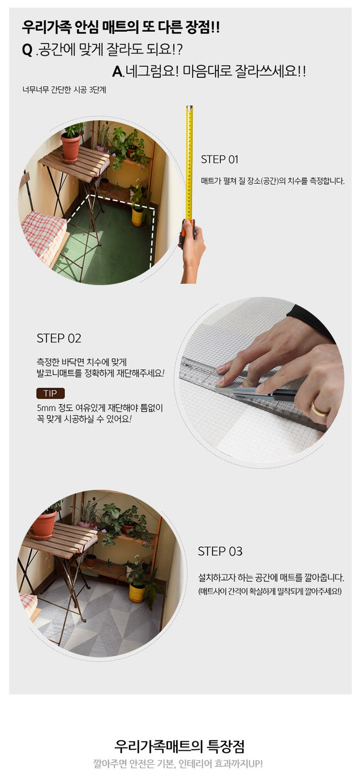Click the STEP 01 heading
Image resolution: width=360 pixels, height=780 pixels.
point(219,159)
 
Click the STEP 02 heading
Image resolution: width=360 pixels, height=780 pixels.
point(59,338)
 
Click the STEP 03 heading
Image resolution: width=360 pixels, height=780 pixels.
point(220,551)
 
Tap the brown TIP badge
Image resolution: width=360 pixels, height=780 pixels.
point(50,393)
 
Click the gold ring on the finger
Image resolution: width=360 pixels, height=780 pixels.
point(318,409)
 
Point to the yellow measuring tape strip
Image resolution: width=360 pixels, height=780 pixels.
point(190,163)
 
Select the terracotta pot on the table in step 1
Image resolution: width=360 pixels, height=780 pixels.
point(71,146)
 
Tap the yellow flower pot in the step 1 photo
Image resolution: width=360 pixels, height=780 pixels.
point(137,216)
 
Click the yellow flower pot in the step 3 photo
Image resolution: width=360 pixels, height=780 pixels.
point(137,592)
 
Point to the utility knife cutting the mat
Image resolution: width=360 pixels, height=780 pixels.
point(259,394)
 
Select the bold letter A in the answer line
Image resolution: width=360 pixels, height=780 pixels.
point(117,72)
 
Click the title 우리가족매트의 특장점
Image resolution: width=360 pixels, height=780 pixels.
point(180,746)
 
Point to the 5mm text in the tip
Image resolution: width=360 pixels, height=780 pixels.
point(46,408)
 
